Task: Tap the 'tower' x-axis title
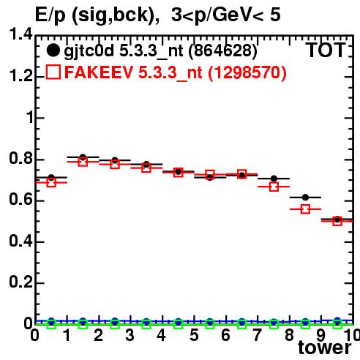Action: click(x=325, y=347)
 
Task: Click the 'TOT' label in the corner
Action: click(x=326, y=50)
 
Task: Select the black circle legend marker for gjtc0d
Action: click(x=53, y=50)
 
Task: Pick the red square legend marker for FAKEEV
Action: click(x=53, y=72)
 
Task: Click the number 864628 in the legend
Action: click(x=223, y=50)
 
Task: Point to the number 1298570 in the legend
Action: click(x=247, y=72)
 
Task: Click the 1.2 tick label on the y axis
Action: click(x=20, y=76)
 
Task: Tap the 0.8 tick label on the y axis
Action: click(x=20, y=159)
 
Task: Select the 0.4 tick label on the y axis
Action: click(x=20, y=241)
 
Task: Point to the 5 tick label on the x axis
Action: click(x=194, y=335)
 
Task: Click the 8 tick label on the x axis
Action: click(x=289, y=335)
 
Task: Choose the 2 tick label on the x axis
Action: click(x=98, y=335)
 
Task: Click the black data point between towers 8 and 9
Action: click(x=305, y=198)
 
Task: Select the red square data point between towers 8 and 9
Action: click(x=305, y=209)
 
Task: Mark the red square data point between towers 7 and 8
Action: click(x=274, y=187)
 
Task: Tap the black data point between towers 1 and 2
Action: click(x=83, y=157)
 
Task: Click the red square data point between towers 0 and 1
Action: click(x=51, y=182)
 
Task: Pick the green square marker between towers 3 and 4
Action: click(x=146, y=324)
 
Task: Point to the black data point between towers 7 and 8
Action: click(x=274, y=179)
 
